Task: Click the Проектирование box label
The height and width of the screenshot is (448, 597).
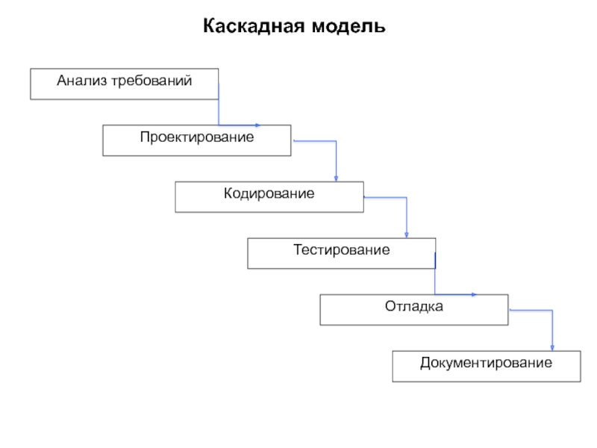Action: point(196,137)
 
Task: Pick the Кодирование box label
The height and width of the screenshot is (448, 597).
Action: point(269,193)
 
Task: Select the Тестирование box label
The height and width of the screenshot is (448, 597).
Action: point(341,250)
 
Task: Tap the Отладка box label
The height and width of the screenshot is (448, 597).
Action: point(414,306)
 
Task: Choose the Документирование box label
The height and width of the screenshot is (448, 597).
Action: point(486,363)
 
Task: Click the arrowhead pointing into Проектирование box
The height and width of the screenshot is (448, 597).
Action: point(257,125)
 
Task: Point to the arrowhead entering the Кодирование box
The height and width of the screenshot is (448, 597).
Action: point(336,178)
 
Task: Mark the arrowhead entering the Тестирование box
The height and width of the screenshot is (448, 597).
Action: point(407,234)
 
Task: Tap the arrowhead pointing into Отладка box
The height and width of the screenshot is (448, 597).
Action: point(475,294)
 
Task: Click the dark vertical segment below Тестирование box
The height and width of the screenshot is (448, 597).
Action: point(434,261)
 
